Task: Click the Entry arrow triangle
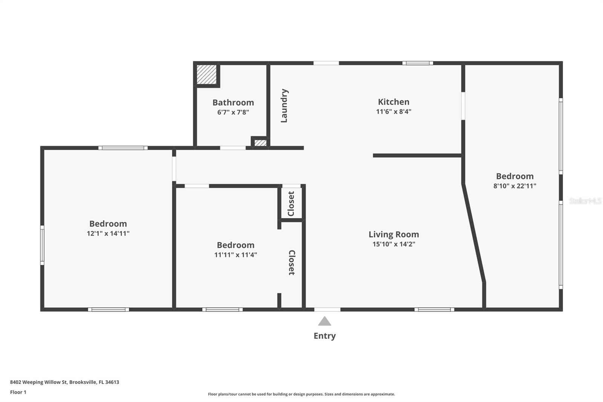pyautogui.click(x=324, y=322)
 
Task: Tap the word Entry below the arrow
pyautogui.click(x=324, y=336)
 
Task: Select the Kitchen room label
pyautogui.click(x=393, y=102)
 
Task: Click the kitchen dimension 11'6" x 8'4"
pyautogui.click(x=393, y=112)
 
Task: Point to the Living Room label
pyautogui.click(x=393, y=235)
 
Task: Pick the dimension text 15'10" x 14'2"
pyautogui.click(x=393, y=244)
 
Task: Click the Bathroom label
pyautogui.click(x=233, y=103)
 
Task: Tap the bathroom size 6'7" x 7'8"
pyautogui.click(x=233, y=112)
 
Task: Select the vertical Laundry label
pyautogui.click(x=284, y=106)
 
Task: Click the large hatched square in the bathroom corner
pyautogui.click(x=207, y=75)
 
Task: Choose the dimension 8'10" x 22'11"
pyautogui.click(x=514, y=186)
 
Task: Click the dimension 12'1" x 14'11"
pyautogui.click(x=108, y=233)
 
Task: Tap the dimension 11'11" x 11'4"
pyautogui.click(x=236, y=255)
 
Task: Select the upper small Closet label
pyautogui.click(x=291, y=204)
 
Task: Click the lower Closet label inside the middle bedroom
pyautogui.click(x=291, y=262)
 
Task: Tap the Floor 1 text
pyautogui.click(x=18, y=392)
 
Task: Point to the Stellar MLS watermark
pyautogui.click(x=585, y=201)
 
